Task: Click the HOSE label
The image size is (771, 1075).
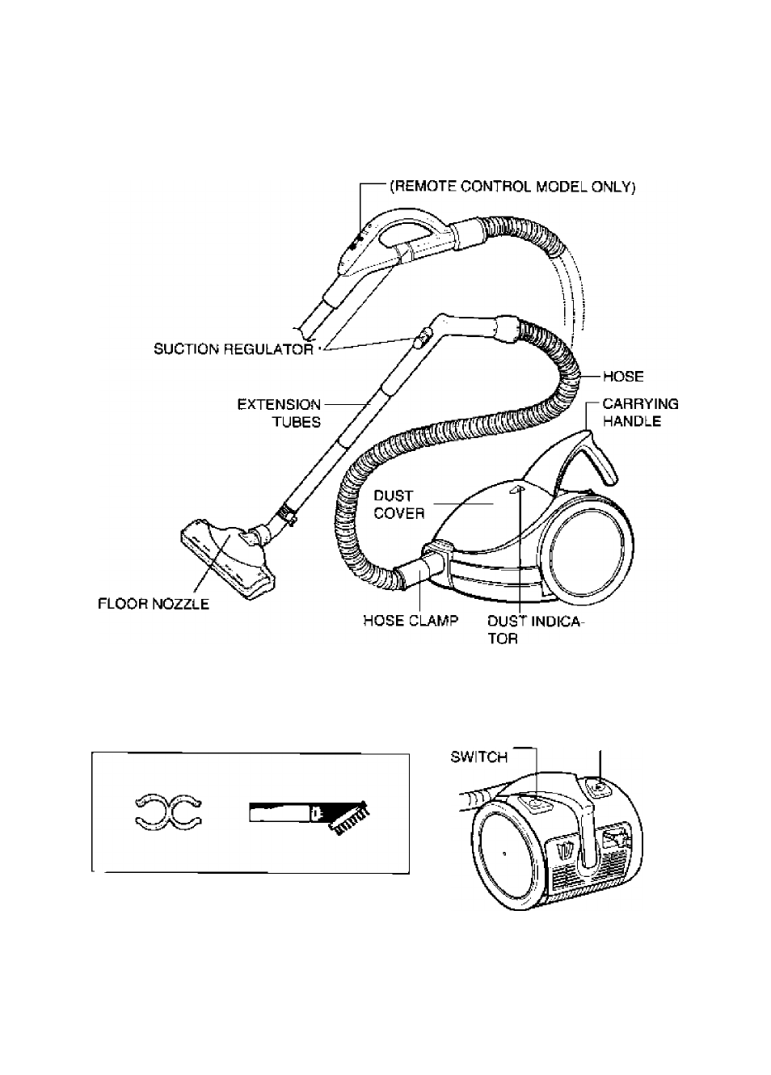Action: tap(623, 377)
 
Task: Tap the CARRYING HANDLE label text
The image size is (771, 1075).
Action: tap(640, 413)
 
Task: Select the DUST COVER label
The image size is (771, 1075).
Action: tap(399, 504)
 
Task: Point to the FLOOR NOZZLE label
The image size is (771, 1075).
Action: tap(154, 604)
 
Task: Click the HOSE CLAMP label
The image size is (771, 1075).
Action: tap(411, 621)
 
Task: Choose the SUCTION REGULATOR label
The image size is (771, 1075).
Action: tap(234, 349)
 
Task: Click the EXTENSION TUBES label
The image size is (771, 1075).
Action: tap(279, 413)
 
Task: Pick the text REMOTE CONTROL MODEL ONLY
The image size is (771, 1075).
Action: tap(512, 188)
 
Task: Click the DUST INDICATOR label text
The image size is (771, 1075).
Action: tap(535, 630)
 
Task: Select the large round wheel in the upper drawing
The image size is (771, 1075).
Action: tap(591, 550)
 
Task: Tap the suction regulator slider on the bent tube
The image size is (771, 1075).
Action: tap(419, 336)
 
